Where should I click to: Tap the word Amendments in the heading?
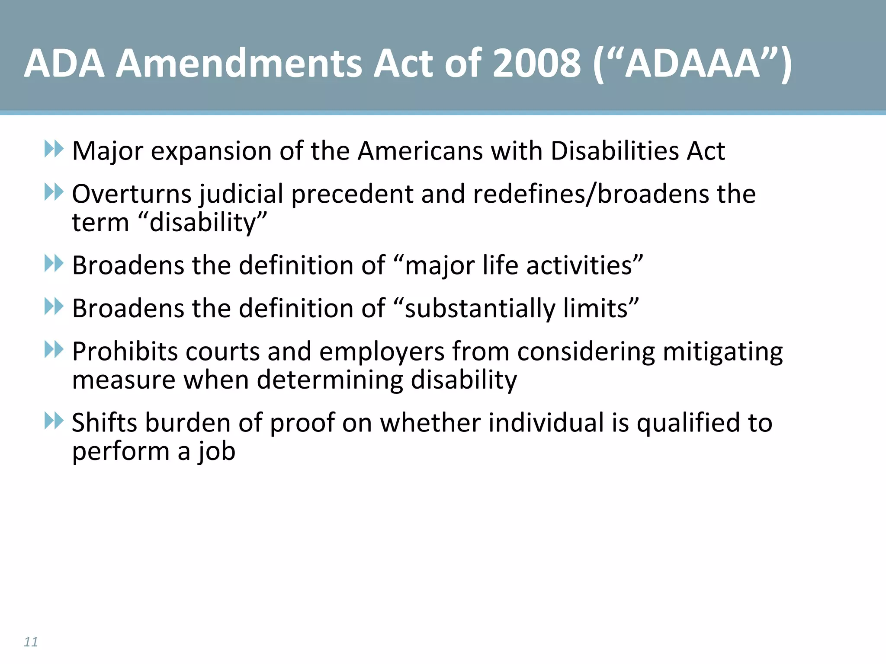point(239,64)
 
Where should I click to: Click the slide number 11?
point(31,642)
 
